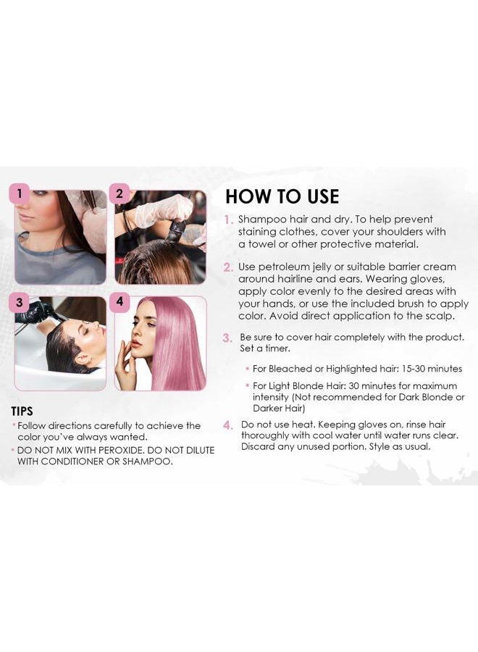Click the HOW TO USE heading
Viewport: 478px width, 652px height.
pos(282,196)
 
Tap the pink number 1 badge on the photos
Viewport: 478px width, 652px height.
pos(20,193)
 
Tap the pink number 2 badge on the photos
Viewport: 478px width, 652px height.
pos(119,193)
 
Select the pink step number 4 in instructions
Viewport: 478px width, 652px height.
pos(228,425)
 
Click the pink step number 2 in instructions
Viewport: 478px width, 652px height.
pos(228,267)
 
